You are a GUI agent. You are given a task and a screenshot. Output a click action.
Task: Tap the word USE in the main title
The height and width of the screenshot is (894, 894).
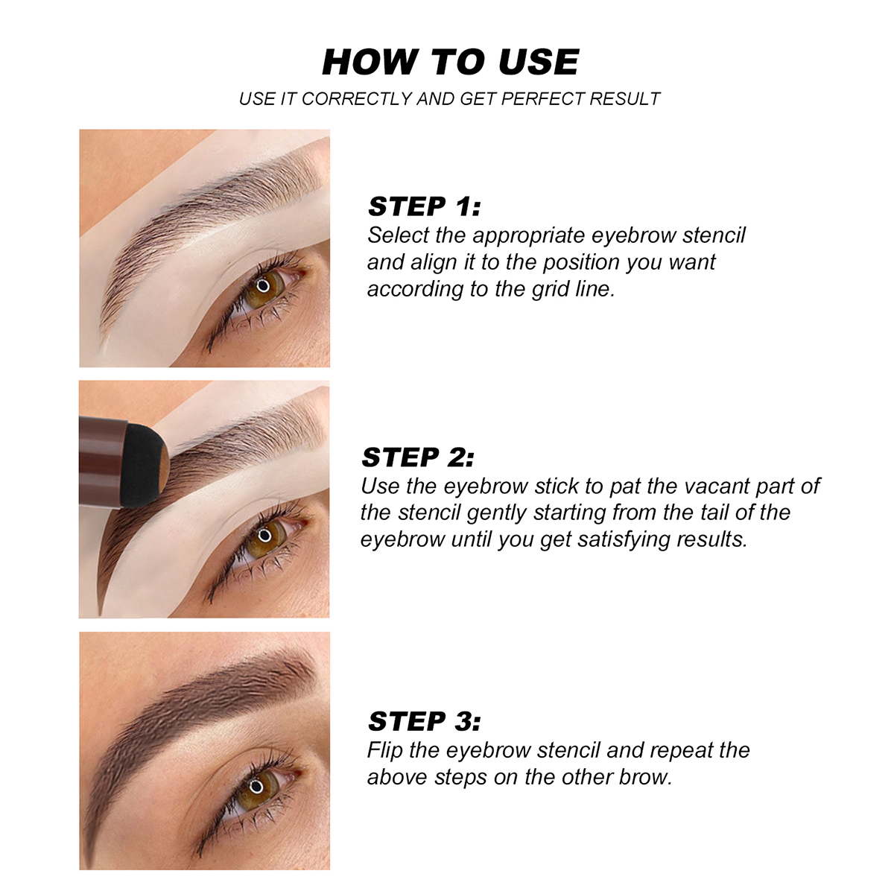pos(539,62)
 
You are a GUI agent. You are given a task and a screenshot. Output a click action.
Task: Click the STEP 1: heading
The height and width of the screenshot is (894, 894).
pos(424,206)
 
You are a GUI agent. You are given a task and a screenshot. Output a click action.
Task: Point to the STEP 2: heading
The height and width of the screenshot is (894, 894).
pos(418,457)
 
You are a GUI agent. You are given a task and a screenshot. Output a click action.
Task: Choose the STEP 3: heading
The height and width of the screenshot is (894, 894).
pos(424,721)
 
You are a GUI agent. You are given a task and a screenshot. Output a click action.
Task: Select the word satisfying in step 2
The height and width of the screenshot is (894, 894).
pos(624,540)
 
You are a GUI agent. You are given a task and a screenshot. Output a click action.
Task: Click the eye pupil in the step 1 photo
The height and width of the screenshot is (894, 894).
pos(263,285)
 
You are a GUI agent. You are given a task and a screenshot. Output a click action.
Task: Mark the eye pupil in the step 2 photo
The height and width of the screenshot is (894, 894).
pos(264,536)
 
